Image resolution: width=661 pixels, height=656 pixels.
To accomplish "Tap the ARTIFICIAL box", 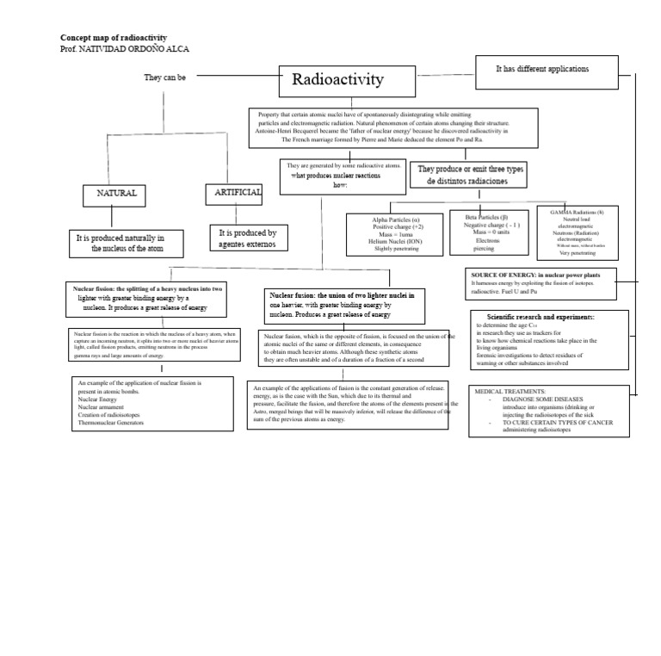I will coord(233,194).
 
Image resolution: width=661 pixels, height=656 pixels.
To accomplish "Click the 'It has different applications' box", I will coord(542,68).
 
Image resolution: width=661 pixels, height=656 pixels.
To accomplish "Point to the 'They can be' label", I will coord(164,77).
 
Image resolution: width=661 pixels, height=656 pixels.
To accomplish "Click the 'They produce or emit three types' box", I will coord(470,176).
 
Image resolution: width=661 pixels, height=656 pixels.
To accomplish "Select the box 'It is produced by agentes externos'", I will coord(248,238).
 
